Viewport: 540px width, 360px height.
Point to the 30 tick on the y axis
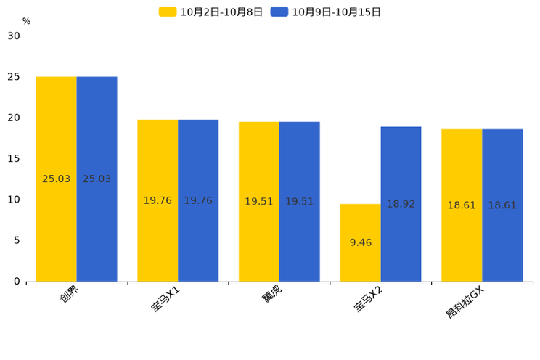(x=14, y=36)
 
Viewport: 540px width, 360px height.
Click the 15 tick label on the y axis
(x=14, y=158)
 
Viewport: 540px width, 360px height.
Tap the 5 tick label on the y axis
(x=17, y=240)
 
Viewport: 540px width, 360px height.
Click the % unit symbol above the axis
(x=26, y=21)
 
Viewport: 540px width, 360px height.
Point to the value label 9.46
(x=360, y=242)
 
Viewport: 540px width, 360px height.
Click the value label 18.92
(x=401, y=204)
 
